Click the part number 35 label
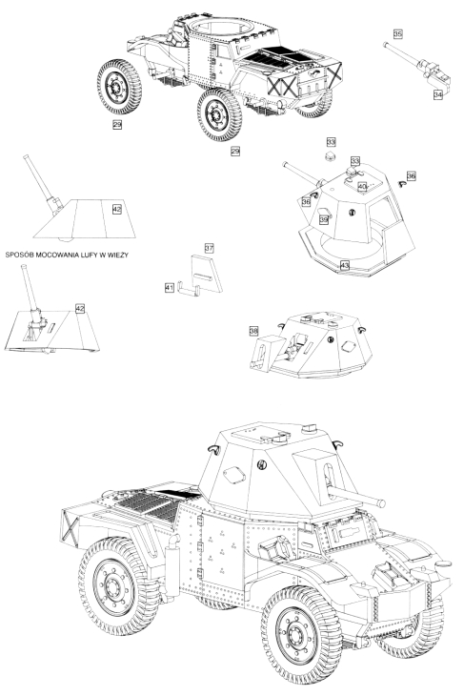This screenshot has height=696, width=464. point(397,33)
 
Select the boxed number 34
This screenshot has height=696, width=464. point(438,94)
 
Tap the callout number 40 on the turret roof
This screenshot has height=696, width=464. point(362,187)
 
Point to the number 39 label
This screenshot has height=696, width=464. point(323,219)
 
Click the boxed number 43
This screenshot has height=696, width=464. point(344,265)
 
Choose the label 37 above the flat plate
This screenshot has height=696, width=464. point(209,248)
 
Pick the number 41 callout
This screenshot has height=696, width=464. point(169,288)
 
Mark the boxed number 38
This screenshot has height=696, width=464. point(253,331)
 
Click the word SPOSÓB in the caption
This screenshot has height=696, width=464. point(19,256)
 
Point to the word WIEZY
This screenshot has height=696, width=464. point(117,256)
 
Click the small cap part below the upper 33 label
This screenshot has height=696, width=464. point(330,155)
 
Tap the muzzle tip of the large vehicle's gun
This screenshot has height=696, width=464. point(381,503)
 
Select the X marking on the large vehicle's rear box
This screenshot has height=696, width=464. point(70,526)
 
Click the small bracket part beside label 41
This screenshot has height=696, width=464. point(189,288)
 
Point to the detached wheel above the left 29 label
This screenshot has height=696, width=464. point(119,87)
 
